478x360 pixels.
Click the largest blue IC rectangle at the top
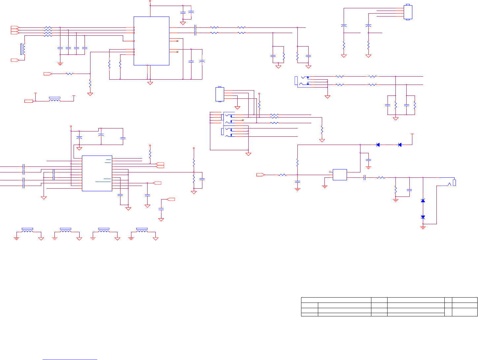pos(152,41)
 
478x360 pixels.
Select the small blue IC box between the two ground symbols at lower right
pos(340,174)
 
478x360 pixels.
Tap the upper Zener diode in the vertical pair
pos(423,200)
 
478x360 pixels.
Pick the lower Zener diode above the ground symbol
pos(423,217)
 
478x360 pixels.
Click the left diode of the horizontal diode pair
pos(378,145)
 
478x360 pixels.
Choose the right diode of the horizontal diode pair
pos(400,145)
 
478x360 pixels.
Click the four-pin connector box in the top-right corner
pos(408,12)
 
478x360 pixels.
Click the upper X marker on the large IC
pos(178,41)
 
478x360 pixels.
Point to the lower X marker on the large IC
pos(178,52)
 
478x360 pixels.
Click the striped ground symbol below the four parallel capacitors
pos(60,63)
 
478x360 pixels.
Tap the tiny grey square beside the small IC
pos(330,172)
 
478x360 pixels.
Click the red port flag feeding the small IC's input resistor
pos(260,174)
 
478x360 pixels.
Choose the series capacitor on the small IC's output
pos(365,178)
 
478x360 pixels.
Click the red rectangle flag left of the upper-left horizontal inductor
pos(29,101)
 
